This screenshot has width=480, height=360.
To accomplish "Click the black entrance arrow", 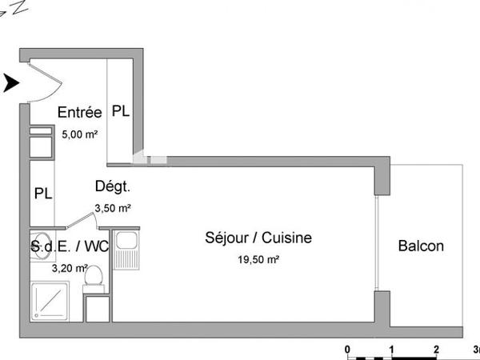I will [10, 82].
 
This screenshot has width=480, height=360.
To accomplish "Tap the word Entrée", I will [79, 114].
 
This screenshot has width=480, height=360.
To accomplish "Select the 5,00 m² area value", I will [78, 134].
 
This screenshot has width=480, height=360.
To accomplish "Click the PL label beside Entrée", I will [121, 112].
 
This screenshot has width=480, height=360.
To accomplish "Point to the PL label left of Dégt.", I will [43, 193].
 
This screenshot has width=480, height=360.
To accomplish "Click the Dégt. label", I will [113, 187].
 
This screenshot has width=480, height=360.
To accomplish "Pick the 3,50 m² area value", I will [113, 208].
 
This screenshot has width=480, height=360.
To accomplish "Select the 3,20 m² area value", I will [69, 269].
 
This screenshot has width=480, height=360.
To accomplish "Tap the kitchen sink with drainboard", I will [127, 248].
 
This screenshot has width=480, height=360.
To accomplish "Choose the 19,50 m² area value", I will [258, 259].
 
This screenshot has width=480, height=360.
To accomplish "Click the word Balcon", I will [421, 246].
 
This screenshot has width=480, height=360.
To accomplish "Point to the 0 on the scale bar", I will [347, 350].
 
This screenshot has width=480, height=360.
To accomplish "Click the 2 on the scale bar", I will [436, 350].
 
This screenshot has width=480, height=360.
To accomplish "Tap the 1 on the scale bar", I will [392, 350].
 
